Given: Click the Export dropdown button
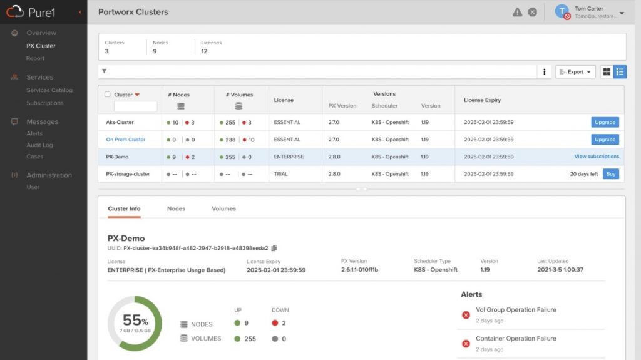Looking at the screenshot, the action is pos(575,71).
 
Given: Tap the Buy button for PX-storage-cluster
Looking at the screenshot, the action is pos(611,174).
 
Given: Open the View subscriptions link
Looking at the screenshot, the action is pos(597,157).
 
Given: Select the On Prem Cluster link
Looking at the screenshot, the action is pos(125,140).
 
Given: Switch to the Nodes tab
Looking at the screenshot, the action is pos(176,208).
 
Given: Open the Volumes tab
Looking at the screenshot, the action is pos(223,208).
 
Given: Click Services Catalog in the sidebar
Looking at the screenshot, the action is pos(49,90).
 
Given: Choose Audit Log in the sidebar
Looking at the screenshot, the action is pos(39,145).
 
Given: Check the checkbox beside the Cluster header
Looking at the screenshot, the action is pos(108,95).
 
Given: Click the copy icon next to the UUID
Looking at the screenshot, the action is pos(274,248).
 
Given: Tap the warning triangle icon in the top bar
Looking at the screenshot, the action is pos(518,13).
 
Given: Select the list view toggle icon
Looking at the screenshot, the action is pos(620,71).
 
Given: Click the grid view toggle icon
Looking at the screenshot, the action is pos(607,71).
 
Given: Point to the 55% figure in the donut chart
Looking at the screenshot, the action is pos(135,320).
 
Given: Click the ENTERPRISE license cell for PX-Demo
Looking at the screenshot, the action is pos(289,157).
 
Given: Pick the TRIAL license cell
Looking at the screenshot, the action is pos(281,174).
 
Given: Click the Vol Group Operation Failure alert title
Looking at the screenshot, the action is pos(516,310).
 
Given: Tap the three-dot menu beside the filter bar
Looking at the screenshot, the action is pos(544,71).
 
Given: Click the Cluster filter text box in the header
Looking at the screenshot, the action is pos(136,106).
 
